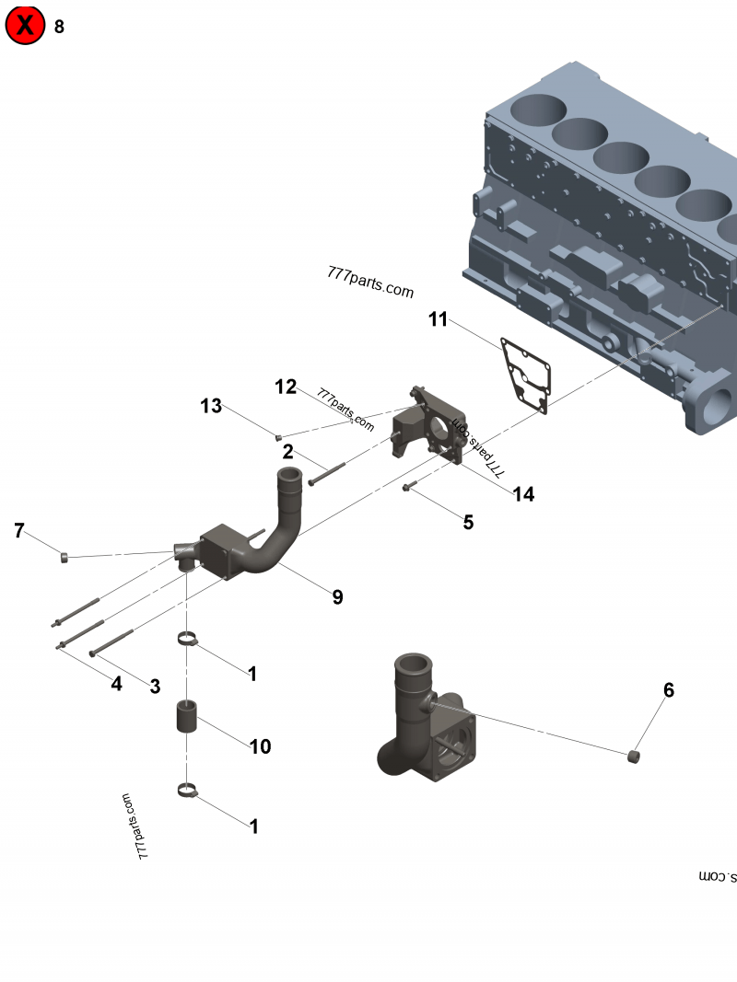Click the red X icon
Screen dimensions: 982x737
(26, 26)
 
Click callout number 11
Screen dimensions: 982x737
(438, 319)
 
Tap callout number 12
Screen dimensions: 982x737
(285, 387)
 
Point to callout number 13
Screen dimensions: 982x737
(212, 405)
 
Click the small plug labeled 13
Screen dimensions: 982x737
(277, 436)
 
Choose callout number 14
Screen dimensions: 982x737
(523, 494)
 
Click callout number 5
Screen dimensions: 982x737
(468, 522)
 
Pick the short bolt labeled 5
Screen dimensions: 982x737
(411, 485)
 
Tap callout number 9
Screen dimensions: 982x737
(337, 596)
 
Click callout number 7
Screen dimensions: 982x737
(18, 530)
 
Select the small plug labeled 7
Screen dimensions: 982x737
(64, 556)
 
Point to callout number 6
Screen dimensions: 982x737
(669, 689)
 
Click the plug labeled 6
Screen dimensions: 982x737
(633, 757)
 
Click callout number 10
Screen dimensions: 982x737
(261, 745)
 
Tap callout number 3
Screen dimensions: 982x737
(155, 686)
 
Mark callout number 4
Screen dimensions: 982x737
(116, 684)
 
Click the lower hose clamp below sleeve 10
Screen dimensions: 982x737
(188, 789)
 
